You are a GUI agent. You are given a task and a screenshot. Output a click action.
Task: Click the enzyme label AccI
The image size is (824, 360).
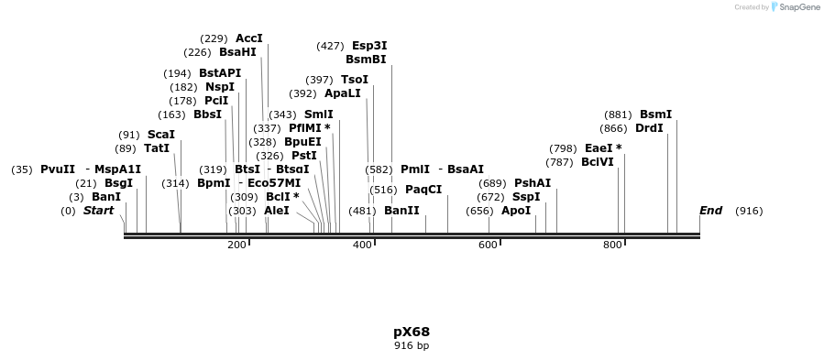point(248,38)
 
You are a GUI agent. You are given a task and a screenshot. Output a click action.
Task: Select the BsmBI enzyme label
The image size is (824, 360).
point(366,60)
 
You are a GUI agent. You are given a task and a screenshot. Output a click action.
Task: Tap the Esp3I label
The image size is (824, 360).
point(369,46)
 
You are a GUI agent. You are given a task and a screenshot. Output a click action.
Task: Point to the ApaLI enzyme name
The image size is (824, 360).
point(343,93)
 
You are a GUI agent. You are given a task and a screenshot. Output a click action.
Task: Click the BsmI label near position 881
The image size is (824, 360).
point(655,115)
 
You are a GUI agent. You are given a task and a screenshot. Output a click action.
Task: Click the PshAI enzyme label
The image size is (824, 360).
point(533,183)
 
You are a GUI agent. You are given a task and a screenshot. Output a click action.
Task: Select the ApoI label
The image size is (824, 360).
point(516,211)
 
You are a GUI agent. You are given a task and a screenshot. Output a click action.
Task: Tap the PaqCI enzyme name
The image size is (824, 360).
point(423,190)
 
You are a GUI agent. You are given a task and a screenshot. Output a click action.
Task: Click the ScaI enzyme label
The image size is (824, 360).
point(161,135)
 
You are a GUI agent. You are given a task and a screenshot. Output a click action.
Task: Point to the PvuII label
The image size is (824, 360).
point(58,169)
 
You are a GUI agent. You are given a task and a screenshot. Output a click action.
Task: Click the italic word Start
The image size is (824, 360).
point(98,211)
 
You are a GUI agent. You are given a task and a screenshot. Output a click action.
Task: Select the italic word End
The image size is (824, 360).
point(710,211)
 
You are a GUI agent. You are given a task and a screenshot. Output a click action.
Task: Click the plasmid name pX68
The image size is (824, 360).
point(412,332)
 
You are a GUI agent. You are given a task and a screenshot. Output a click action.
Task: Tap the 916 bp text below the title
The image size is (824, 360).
point(412,346)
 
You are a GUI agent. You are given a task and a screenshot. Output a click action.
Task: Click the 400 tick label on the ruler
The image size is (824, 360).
point(362,245)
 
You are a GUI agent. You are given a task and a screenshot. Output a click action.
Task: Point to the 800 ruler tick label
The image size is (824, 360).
point(611,245)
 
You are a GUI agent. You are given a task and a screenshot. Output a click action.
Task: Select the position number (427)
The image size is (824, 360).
point(330,46)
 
